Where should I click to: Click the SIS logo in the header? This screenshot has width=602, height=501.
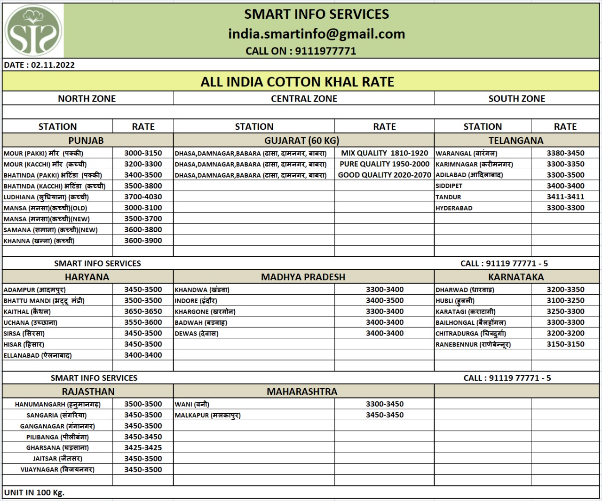33,31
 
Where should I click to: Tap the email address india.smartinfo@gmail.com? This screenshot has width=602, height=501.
316,34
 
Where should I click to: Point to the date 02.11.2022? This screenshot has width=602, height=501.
53,65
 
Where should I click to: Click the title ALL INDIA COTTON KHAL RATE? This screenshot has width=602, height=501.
297,82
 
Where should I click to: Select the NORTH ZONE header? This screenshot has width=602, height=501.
87,99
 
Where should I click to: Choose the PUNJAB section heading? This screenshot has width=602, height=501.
86,141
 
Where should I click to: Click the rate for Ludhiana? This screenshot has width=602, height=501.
143,197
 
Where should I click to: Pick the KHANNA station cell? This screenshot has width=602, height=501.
39,241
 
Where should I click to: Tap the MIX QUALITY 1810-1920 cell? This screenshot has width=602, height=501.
384,153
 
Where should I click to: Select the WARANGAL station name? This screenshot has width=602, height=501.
466,153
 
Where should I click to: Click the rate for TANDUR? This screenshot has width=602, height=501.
565,197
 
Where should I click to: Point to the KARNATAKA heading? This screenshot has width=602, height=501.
516,277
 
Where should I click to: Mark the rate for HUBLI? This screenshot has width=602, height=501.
565,300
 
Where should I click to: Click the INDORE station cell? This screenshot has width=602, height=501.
196,301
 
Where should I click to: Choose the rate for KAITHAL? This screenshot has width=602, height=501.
143,311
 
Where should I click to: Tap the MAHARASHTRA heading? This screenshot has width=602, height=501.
302,391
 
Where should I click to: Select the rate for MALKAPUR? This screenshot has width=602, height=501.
385,415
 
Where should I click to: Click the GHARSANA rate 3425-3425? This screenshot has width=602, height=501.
143,447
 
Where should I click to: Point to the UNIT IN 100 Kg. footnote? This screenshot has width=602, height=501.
34,493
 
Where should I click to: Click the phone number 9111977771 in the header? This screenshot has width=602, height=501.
325,51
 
